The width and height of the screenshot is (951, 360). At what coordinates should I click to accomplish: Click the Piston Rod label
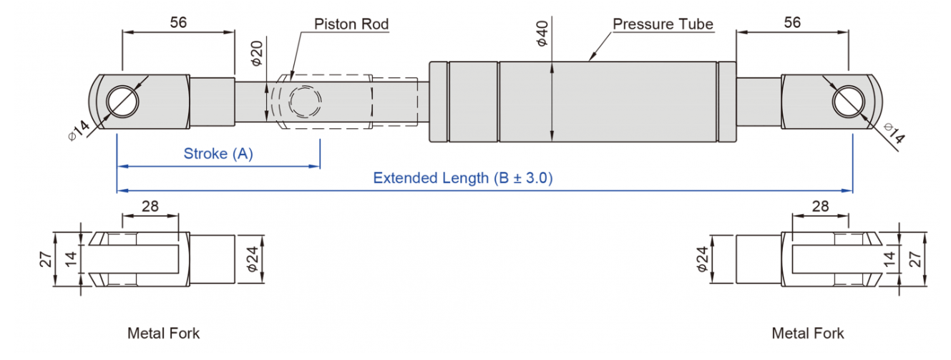(351, 24)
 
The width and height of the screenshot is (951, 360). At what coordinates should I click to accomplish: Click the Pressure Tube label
(663, 24)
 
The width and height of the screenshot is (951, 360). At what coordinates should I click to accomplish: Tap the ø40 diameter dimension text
(542, 34)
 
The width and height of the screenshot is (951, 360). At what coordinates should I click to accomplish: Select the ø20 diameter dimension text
(257, 53)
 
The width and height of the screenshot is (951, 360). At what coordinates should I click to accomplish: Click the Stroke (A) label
(218, 153)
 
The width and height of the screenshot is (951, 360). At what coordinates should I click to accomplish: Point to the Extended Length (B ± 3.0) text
(463, 177)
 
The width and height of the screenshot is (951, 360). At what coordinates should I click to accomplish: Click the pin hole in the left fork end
(122, 101)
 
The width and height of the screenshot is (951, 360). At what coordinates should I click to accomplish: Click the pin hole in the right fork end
(848, 102)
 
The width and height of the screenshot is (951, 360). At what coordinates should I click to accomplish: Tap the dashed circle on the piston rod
(306, 102)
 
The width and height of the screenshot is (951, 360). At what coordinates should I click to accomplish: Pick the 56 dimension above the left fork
(178, 22)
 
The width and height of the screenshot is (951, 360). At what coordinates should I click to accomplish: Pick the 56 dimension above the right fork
(792, 22)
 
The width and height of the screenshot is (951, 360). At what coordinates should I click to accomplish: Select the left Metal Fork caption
(163, 334)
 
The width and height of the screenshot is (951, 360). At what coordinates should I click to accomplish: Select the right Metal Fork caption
(808, 334)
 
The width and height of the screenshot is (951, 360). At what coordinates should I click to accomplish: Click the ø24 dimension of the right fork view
(702, 259)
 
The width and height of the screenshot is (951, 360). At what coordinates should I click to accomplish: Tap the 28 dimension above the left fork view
(150, 206)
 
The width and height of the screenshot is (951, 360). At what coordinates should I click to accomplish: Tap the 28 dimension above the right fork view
(820, 206)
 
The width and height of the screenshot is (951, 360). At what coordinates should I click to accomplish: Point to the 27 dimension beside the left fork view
(46, 259)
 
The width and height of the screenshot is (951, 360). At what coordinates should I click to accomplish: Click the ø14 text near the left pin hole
(79, 130)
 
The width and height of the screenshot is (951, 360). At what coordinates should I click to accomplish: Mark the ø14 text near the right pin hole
(894, 133)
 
